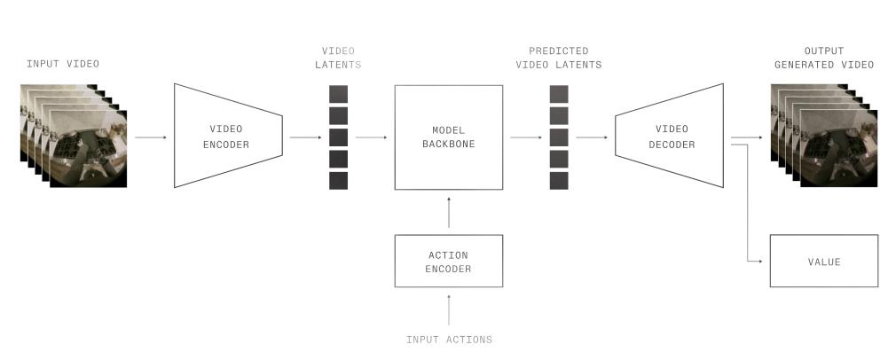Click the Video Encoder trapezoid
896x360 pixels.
227,136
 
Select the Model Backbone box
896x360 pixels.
448,137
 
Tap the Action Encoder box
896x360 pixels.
448,261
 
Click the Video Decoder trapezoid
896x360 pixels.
668,137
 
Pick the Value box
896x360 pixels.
823,261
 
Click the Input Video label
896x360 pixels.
63,64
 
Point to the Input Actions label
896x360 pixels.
449,340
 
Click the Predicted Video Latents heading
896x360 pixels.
558,58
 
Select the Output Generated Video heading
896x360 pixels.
823,58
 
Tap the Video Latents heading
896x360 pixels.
338,58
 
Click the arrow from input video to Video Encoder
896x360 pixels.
151,137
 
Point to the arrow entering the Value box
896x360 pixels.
755,261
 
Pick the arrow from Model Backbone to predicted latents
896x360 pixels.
525,137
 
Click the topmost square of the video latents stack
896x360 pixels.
338,94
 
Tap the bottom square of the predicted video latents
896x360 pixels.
558,180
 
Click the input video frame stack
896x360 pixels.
74,135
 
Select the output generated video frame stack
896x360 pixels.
823,135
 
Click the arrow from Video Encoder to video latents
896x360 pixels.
305,137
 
